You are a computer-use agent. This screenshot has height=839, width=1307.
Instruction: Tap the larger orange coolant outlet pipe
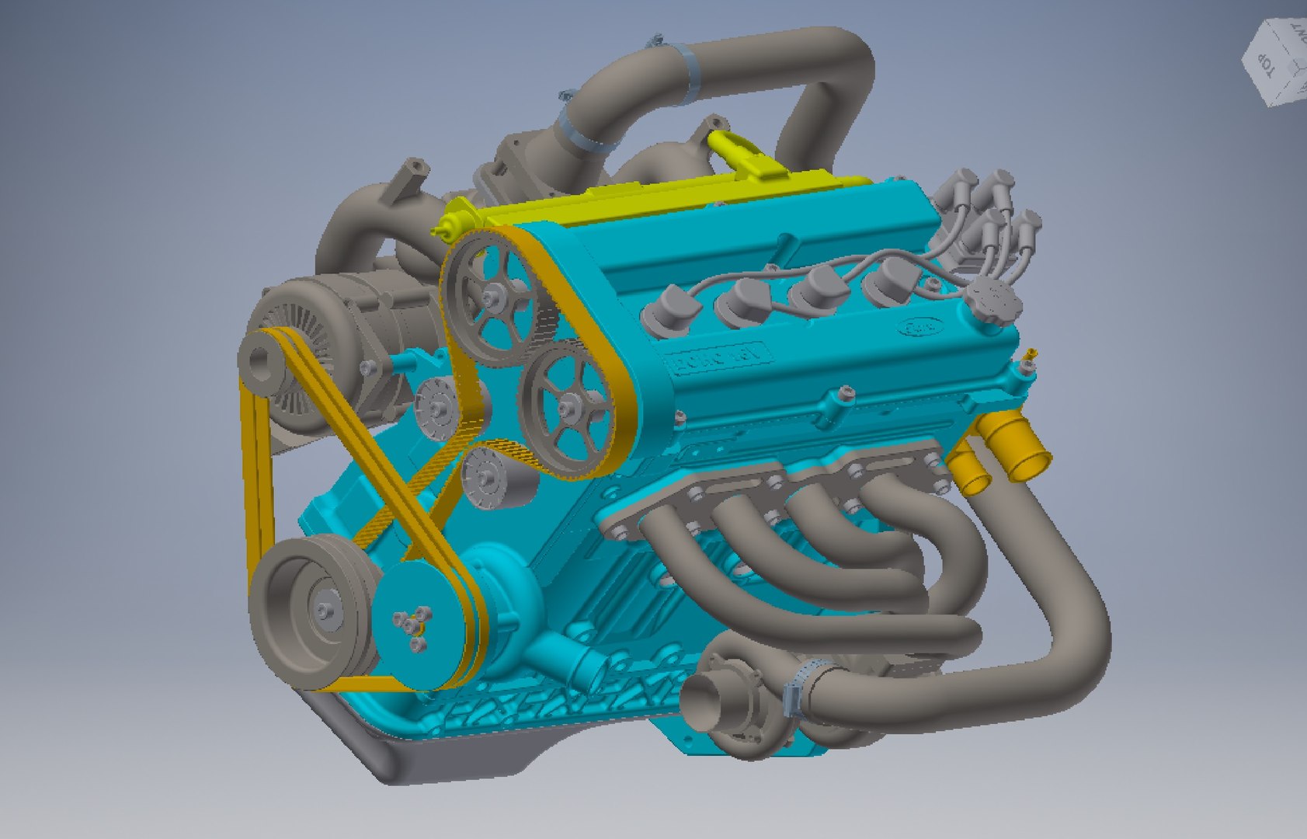(1020, 452)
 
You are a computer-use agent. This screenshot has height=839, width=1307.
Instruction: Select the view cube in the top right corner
(1277, 62)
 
